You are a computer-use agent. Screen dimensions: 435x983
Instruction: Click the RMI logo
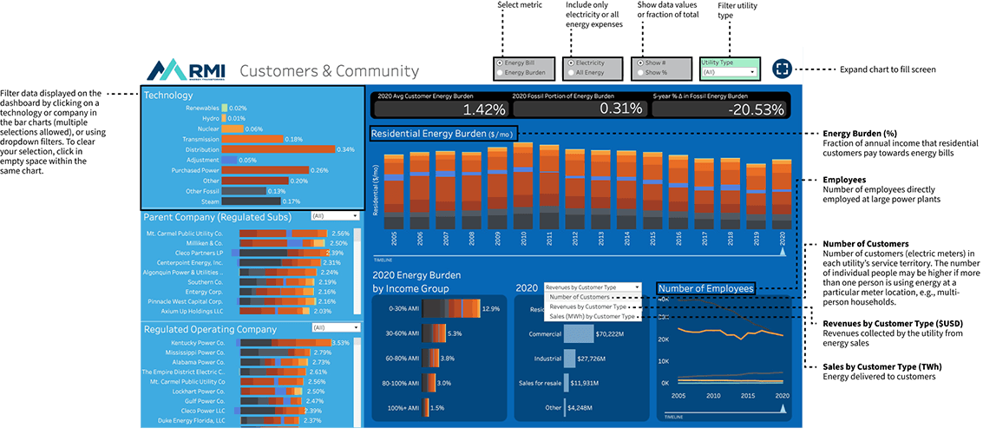tap(185, 70)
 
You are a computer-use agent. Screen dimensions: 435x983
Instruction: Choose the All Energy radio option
tap(571, 73)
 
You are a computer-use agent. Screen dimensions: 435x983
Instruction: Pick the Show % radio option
tap(641, 73)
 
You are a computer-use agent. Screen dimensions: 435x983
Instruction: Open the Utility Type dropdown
tap(729, 72)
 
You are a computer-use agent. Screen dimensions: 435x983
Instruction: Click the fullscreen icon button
tap(782, 69)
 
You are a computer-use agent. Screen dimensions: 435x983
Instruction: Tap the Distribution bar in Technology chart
tap(279, 149)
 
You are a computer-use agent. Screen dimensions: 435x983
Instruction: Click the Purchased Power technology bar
tap(265, 170)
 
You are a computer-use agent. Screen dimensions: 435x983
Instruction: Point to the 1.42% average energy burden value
tap(483, 109)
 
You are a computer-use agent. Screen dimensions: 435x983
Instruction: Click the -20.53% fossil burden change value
tap(755, 109)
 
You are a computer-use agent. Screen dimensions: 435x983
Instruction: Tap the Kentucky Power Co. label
tap(195, 343)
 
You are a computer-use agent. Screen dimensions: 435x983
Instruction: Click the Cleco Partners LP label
tap(196, 253)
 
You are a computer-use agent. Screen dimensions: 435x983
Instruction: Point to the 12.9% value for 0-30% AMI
tap(492, 308)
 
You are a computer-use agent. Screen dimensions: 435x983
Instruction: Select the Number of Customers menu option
tap(580, 297)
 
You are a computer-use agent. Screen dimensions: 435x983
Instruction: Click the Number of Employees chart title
tap(705, 288)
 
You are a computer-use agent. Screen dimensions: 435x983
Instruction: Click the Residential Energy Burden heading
tap(442, 134)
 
